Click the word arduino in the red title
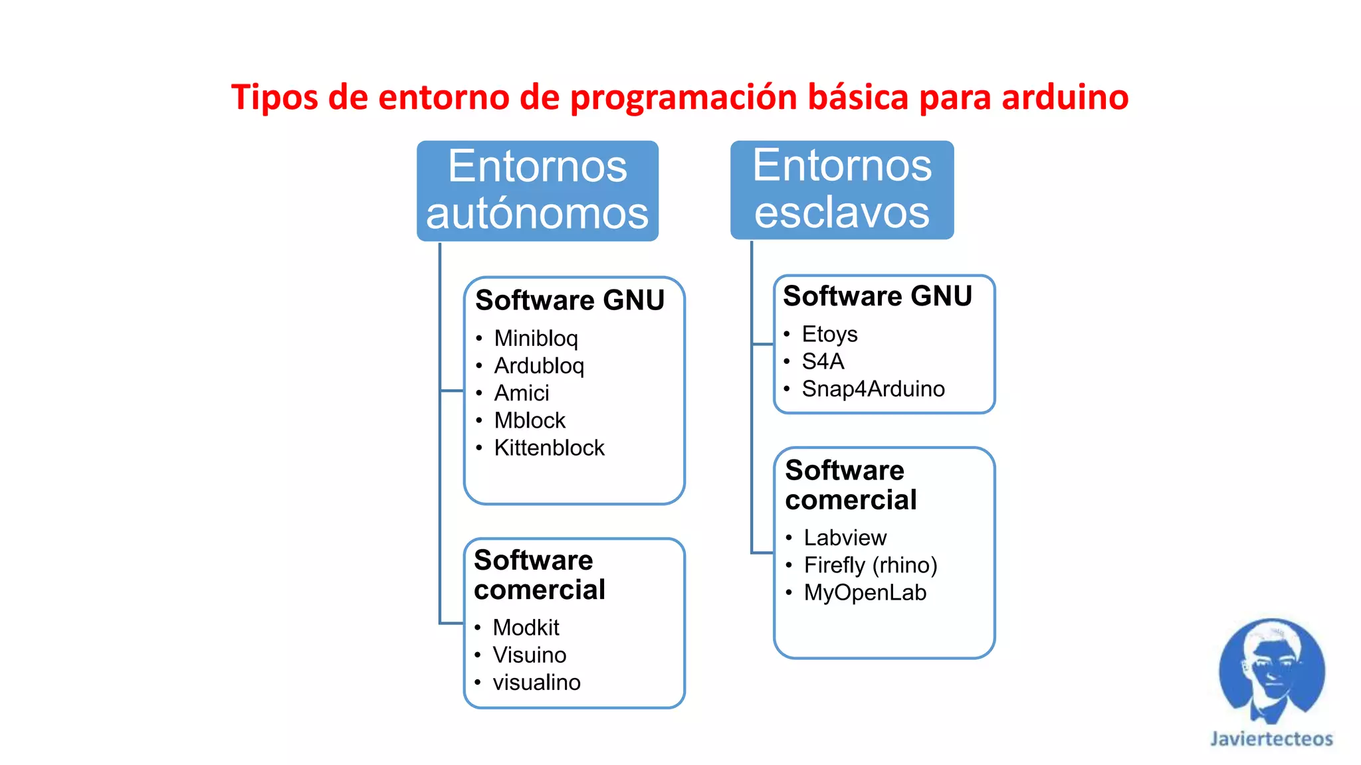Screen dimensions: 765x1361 1065,97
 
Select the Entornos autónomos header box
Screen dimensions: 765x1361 537,191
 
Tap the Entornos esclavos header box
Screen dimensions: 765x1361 841,189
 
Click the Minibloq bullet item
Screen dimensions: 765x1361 536,339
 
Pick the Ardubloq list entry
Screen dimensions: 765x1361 539,366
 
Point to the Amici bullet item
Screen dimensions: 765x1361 522,393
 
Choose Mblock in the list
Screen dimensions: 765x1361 530,420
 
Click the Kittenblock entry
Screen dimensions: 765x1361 549,448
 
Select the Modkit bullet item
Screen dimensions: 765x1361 526,628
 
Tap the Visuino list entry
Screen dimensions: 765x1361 530,655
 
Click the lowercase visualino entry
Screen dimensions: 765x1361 536,682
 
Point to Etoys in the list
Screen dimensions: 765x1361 829,334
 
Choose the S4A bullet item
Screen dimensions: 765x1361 823,361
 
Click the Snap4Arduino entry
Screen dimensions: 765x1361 873,388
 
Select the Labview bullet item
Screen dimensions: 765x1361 845,537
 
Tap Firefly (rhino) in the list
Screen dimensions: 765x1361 870,565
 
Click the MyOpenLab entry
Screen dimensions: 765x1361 865,592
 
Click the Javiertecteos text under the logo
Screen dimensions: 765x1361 1271,739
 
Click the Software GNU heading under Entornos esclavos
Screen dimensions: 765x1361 877,296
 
